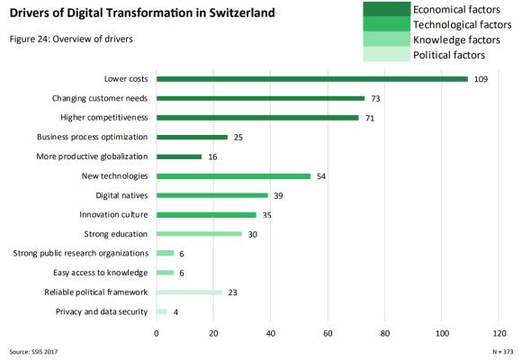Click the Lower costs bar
(312, 79)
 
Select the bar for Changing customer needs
(260, 98)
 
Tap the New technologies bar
(233, 176)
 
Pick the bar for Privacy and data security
(162, 311)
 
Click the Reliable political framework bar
(189, 292)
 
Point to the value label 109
(481, 79)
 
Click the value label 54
(321, 176)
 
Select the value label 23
(232, 292)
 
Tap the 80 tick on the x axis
(385, 333)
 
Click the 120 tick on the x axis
(499, 333)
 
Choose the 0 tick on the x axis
(156, 333)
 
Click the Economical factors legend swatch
(386, 9)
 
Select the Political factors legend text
(449, 55)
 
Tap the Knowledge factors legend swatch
(386, 39)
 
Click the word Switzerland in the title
(242, 13)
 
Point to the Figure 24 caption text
(71, 39)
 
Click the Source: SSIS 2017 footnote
(33, 352)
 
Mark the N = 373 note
(503, 352)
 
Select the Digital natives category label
(121, 195)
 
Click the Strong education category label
(115, 234)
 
